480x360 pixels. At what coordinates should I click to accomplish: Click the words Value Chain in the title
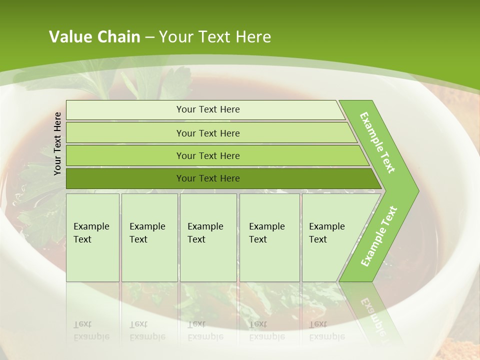point(94,37)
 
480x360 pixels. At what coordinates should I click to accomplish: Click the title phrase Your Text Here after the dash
point(215,37)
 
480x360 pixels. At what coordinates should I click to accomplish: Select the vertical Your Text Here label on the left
point(57,143)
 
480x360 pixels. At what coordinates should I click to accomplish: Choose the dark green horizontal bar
point(125,178)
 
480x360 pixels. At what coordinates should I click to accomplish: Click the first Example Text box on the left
point(92,237)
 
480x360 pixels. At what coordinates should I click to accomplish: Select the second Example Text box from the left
point(149,237)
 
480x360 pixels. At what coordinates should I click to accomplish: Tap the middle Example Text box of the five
point(208,237)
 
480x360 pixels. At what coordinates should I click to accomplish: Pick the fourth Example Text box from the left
point(269,237)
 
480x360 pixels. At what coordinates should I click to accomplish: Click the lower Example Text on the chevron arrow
point(379,236)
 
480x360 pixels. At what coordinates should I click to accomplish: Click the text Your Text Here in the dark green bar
point(208,178)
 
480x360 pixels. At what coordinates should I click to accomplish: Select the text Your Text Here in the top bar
point(208,109)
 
